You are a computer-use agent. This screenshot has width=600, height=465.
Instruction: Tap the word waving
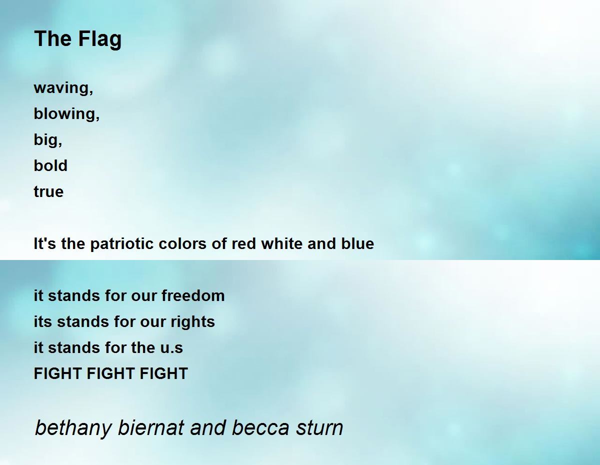point(63,88)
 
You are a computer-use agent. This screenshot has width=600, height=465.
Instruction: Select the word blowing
point(66,114)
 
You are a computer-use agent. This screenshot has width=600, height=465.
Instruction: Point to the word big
point(47,140)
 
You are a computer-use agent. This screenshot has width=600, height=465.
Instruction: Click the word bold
point(50,165)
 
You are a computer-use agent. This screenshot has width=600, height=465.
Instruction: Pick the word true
point(48,191)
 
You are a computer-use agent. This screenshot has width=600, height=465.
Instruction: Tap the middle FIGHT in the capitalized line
point(110,373)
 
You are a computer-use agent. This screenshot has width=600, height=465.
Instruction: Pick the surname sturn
point(318,428)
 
